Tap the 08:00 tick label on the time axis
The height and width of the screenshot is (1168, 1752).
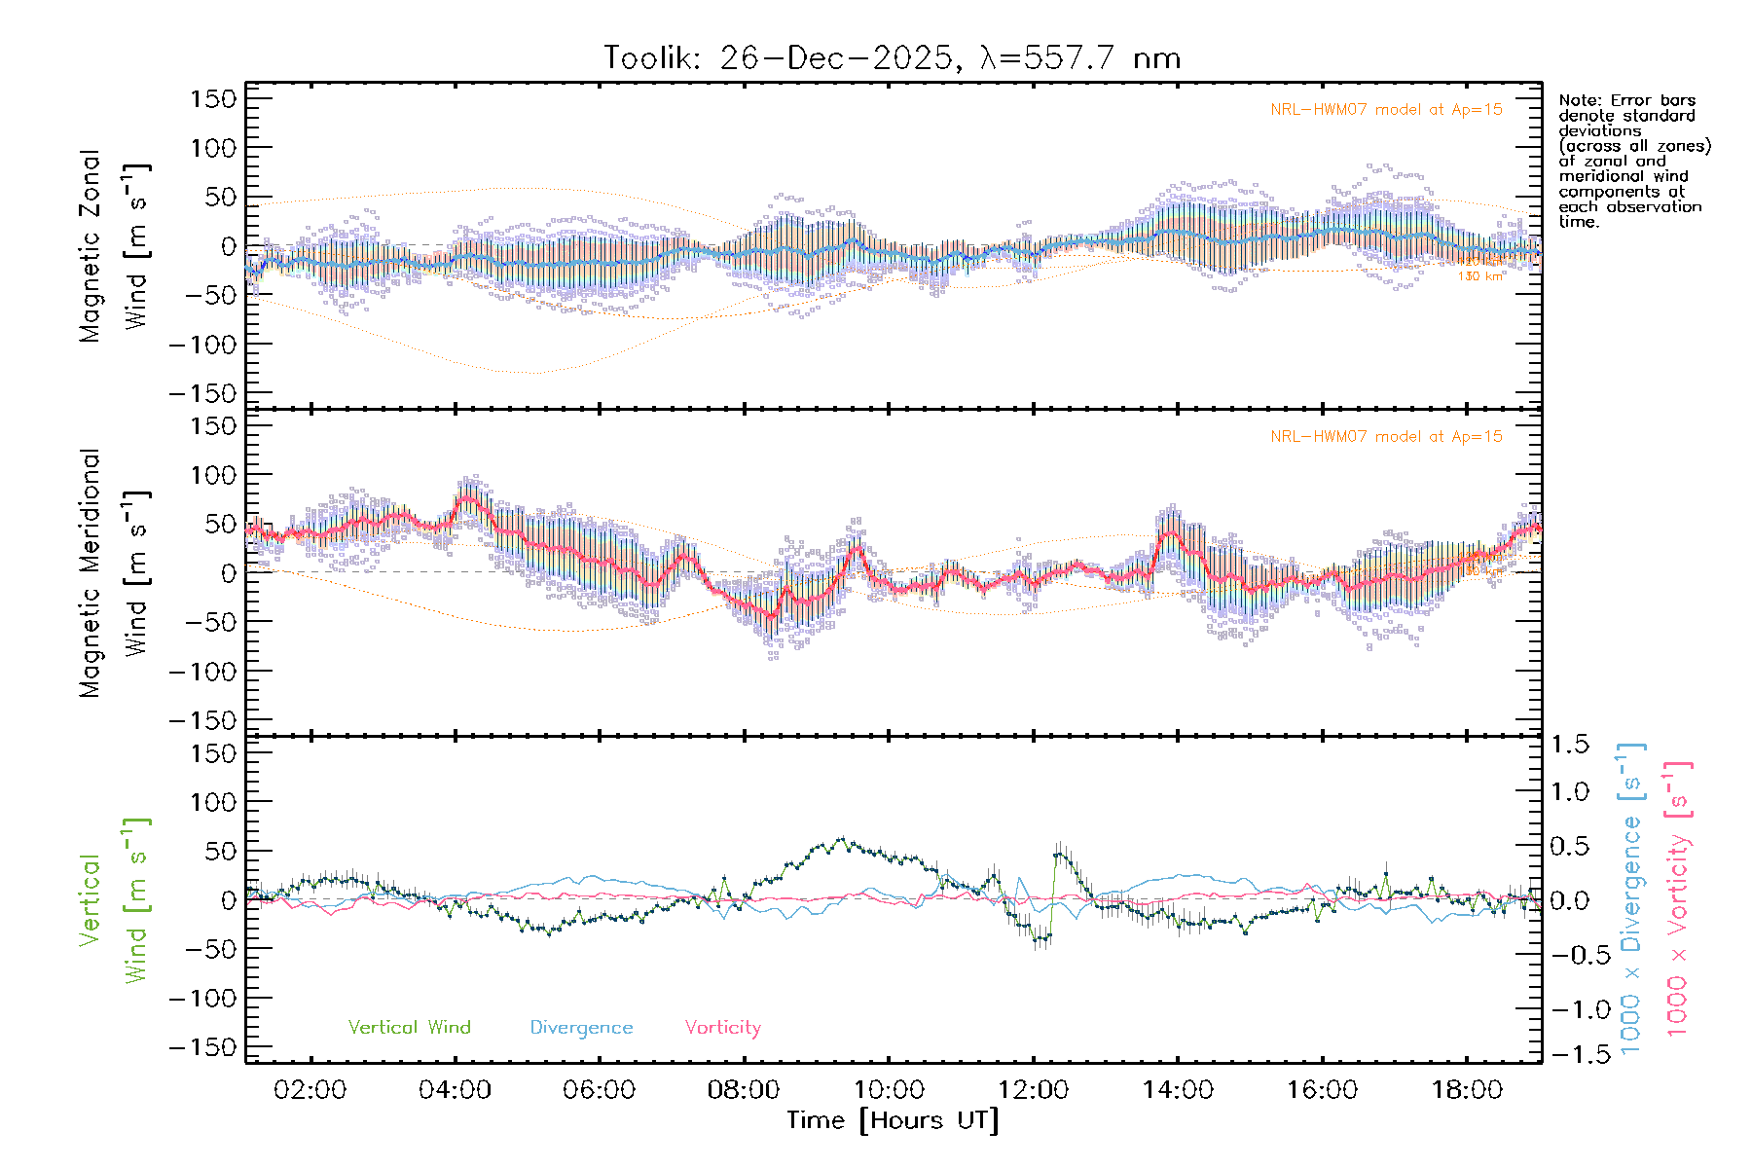pos(744,1090)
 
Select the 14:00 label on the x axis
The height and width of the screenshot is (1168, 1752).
pos(1178,1090)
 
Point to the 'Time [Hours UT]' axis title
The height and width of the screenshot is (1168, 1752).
pos(893,1121)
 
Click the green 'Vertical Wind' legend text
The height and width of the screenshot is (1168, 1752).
pos(409,1028)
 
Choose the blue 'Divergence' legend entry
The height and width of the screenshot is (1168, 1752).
pos(581,1028)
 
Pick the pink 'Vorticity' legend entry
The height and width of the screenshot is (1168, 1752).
pos(722,1028)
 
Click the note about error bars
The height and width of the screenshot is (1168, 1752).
pos(1633,161)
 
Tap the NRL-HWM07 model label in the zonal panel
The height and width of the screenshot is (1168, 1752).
pos(1386,110)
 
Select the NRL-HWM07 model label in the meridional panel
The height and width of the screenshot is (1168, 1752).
pos(1386,437)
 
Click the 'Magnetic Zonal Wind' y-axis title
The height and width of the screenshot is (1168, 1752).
pos(115,245)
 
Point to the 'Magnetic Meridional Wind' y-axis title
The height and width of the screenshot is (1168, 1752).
pos(115,572)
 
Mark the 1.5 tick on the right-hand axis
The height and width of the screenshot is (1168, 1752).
pos(1570,745)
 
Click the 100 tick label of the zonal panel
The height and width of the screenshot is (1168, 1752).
pos(213,148)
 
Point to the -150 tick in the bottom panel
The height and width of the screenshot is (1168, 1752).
pos(202,1047)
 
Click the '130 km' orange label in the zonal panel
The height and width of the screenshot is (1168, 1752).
pos(1480,276)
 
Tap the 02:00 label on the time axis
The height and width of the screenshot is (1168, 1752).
pos(310,1090)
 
